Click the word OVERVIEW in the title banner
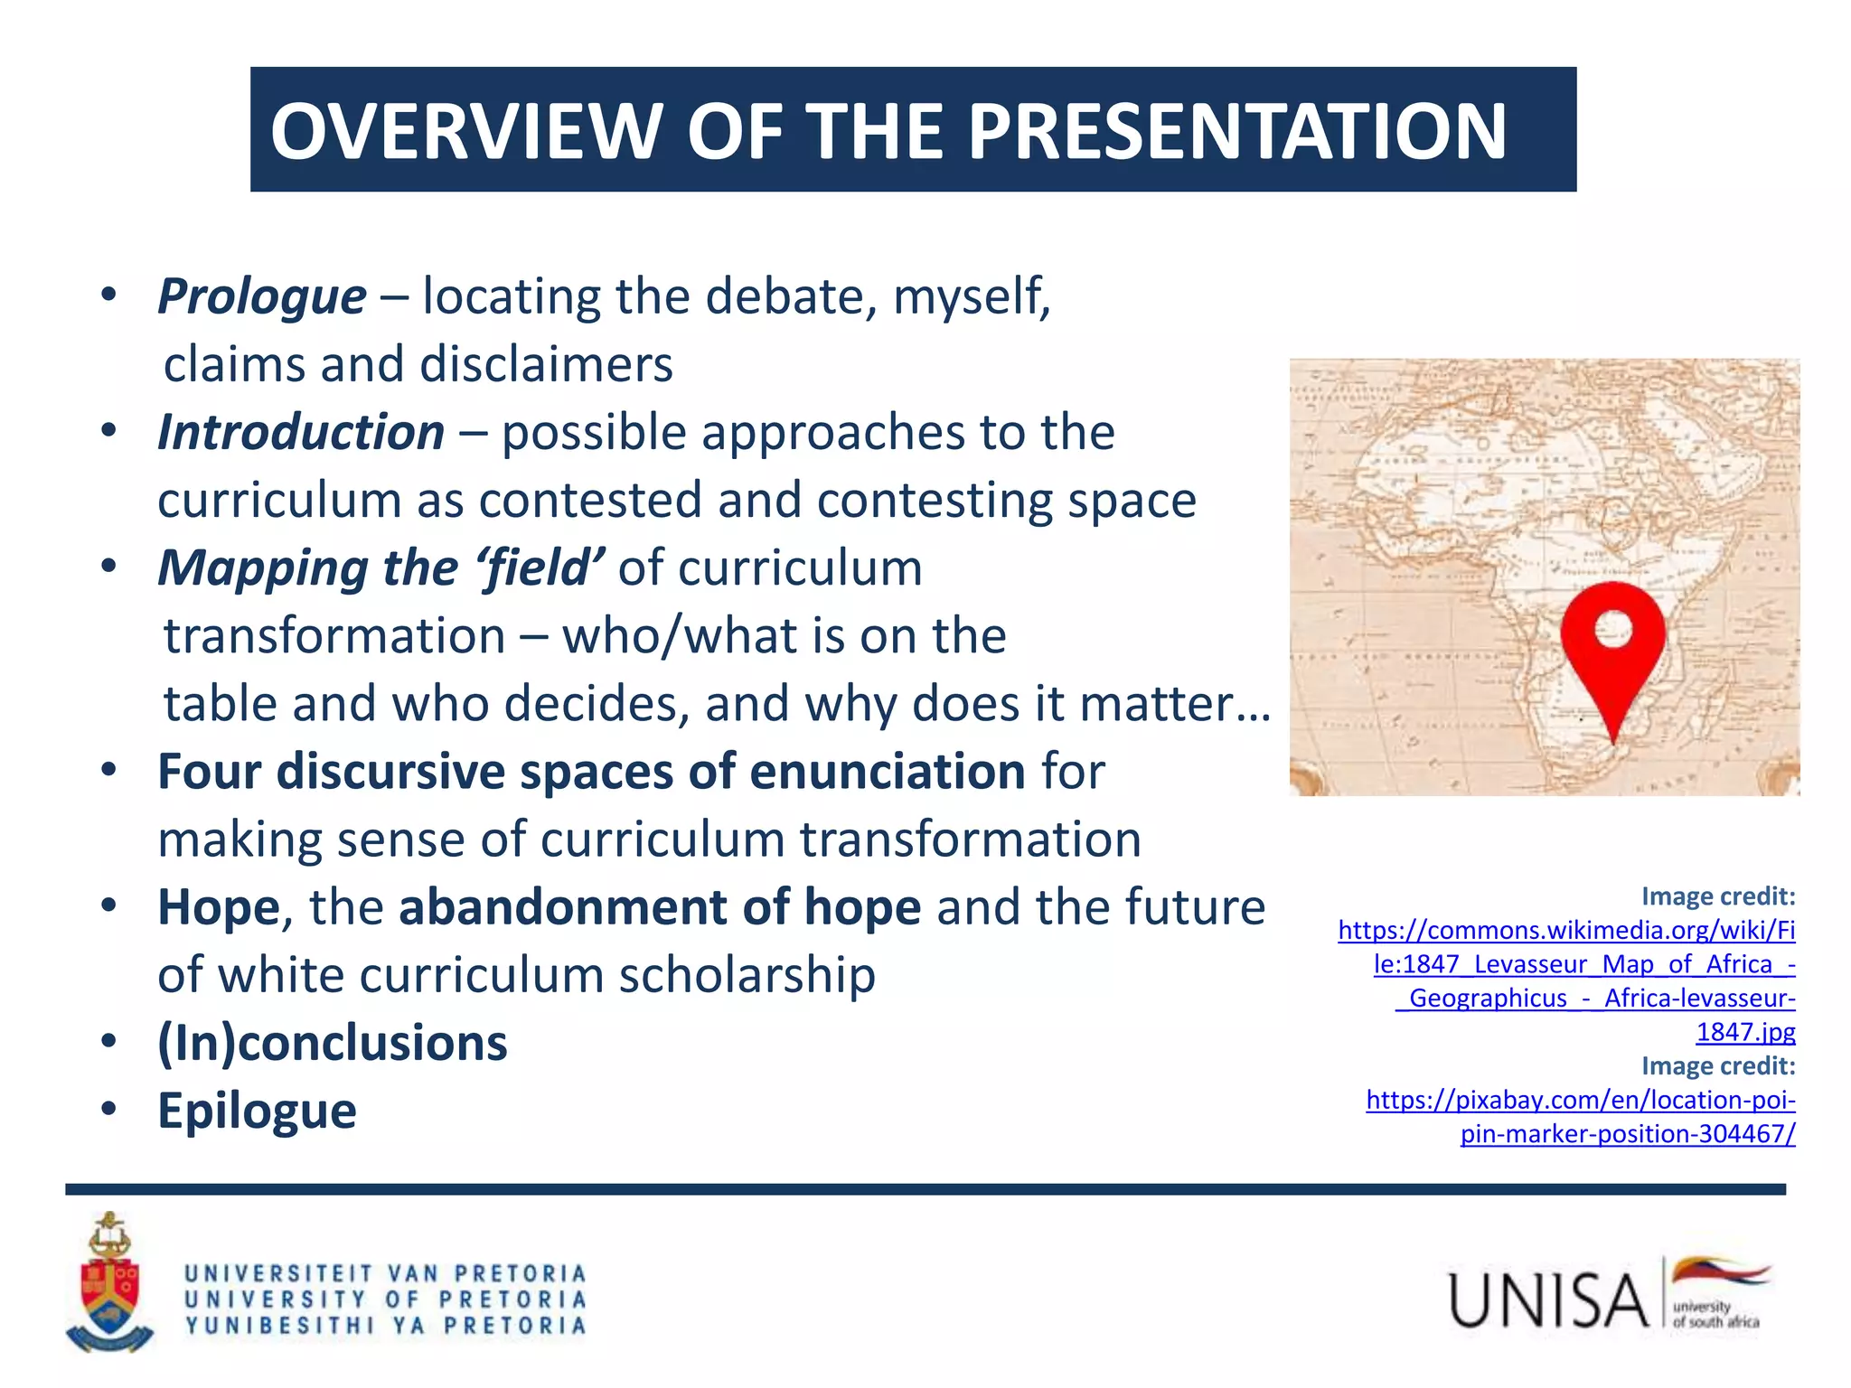point(466,131)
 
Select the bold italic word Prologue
point(262,296)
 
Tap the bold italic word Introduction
point(301,432)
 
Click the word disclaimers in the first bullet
point(546,364)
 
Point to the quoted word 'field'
point(540,567)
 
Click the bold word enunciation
point(887,771)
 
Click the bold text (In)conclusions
point(333,1043)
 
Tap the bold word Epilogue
point(257,1111)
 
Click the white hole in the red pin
point(1613,629)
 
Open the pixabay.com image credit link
point(1581,1116)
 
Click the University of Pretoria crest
point(109,1283)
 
